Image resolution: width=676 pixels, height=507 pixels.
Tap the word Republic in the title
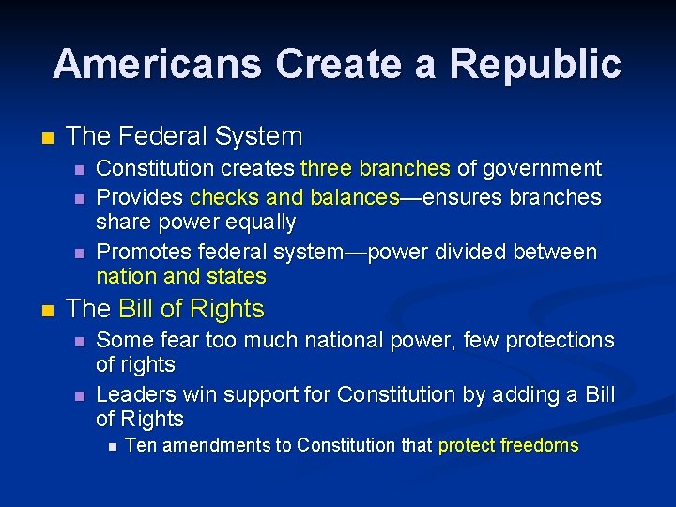point(535,64)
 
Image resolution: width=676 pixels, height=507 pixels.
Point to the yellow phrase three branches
point(376,169)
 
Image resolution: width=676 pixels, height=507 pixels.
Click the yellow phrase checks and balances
point(295,197)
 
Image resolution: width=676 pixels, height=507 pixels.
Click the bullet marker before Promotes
point(80,253)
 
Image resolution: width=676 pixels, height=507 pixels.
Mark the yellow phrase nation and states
point(181,277)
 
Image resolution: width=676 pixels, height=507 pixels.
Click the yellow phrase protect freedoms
point(508,446)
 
